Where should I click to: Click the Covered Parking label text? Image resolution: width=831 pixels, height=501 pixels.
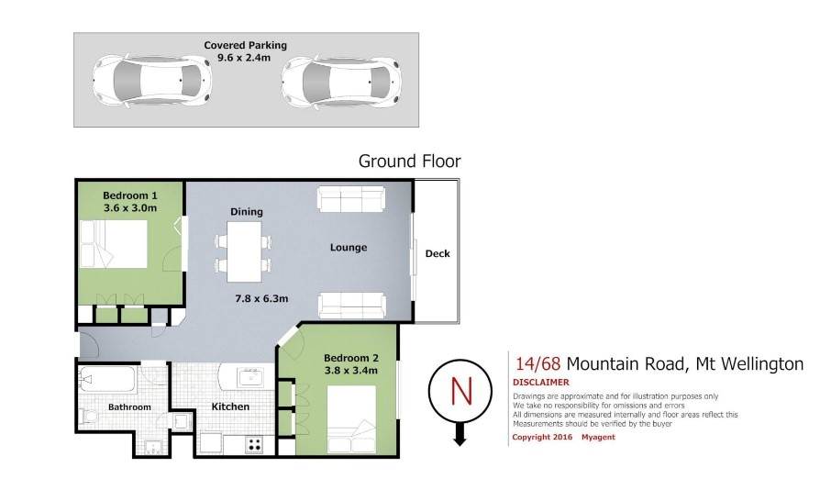click(246, 46)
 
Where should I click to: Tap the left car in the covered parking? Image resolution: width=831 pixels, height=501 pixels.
click(151, 81)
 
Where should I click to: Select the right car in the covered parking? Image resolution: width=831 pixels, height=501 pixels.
click(341, 81)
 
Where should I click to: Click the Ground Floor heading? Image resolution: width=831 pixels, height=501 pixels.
click(410, 161)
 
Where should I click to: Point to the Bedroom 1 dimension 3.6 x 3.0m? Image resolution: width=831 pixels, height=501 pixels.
click(130, 208)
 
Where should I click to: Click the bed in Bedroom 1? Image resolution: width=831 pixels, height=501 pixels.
click(114, 244)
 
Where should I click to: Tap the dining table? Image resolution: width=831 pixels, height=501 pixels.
click(244, 251)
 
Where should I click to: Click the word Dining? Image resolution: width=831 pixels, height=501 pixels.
click(247, 212)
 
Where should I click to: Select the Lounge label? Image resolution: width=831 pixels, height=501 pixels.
click(349, 248)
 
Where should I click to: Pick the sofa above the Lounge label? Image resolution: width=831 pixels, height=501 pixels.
click(351, 199)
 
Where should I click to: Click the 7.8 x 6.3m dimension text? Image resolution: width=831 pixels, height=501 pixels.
click(261, 299)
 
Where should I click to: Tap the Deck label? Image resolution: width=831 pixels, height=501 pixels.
click(438, 254)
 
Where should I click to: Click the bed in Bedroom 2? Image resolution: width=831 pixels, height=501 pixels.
click(351, 419)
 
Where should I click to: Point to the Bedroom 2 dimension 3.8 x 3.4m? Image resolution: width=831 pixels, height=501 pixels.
click(351, 371)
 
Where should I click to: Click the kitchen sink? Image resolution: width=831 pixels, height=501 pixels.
click(249, 377)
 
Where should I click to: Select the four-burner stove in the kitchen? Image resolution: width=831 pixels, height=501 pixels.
click(254, 445)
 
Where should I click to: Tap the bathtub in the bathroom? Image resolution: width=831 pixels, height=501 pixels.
click(107, 379)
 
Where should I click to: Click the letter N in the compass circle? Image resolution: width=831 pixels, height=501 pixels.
click(460, 391)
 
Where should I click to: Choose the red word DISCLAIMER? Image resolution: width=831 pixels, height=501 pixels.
click(541, 383)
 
